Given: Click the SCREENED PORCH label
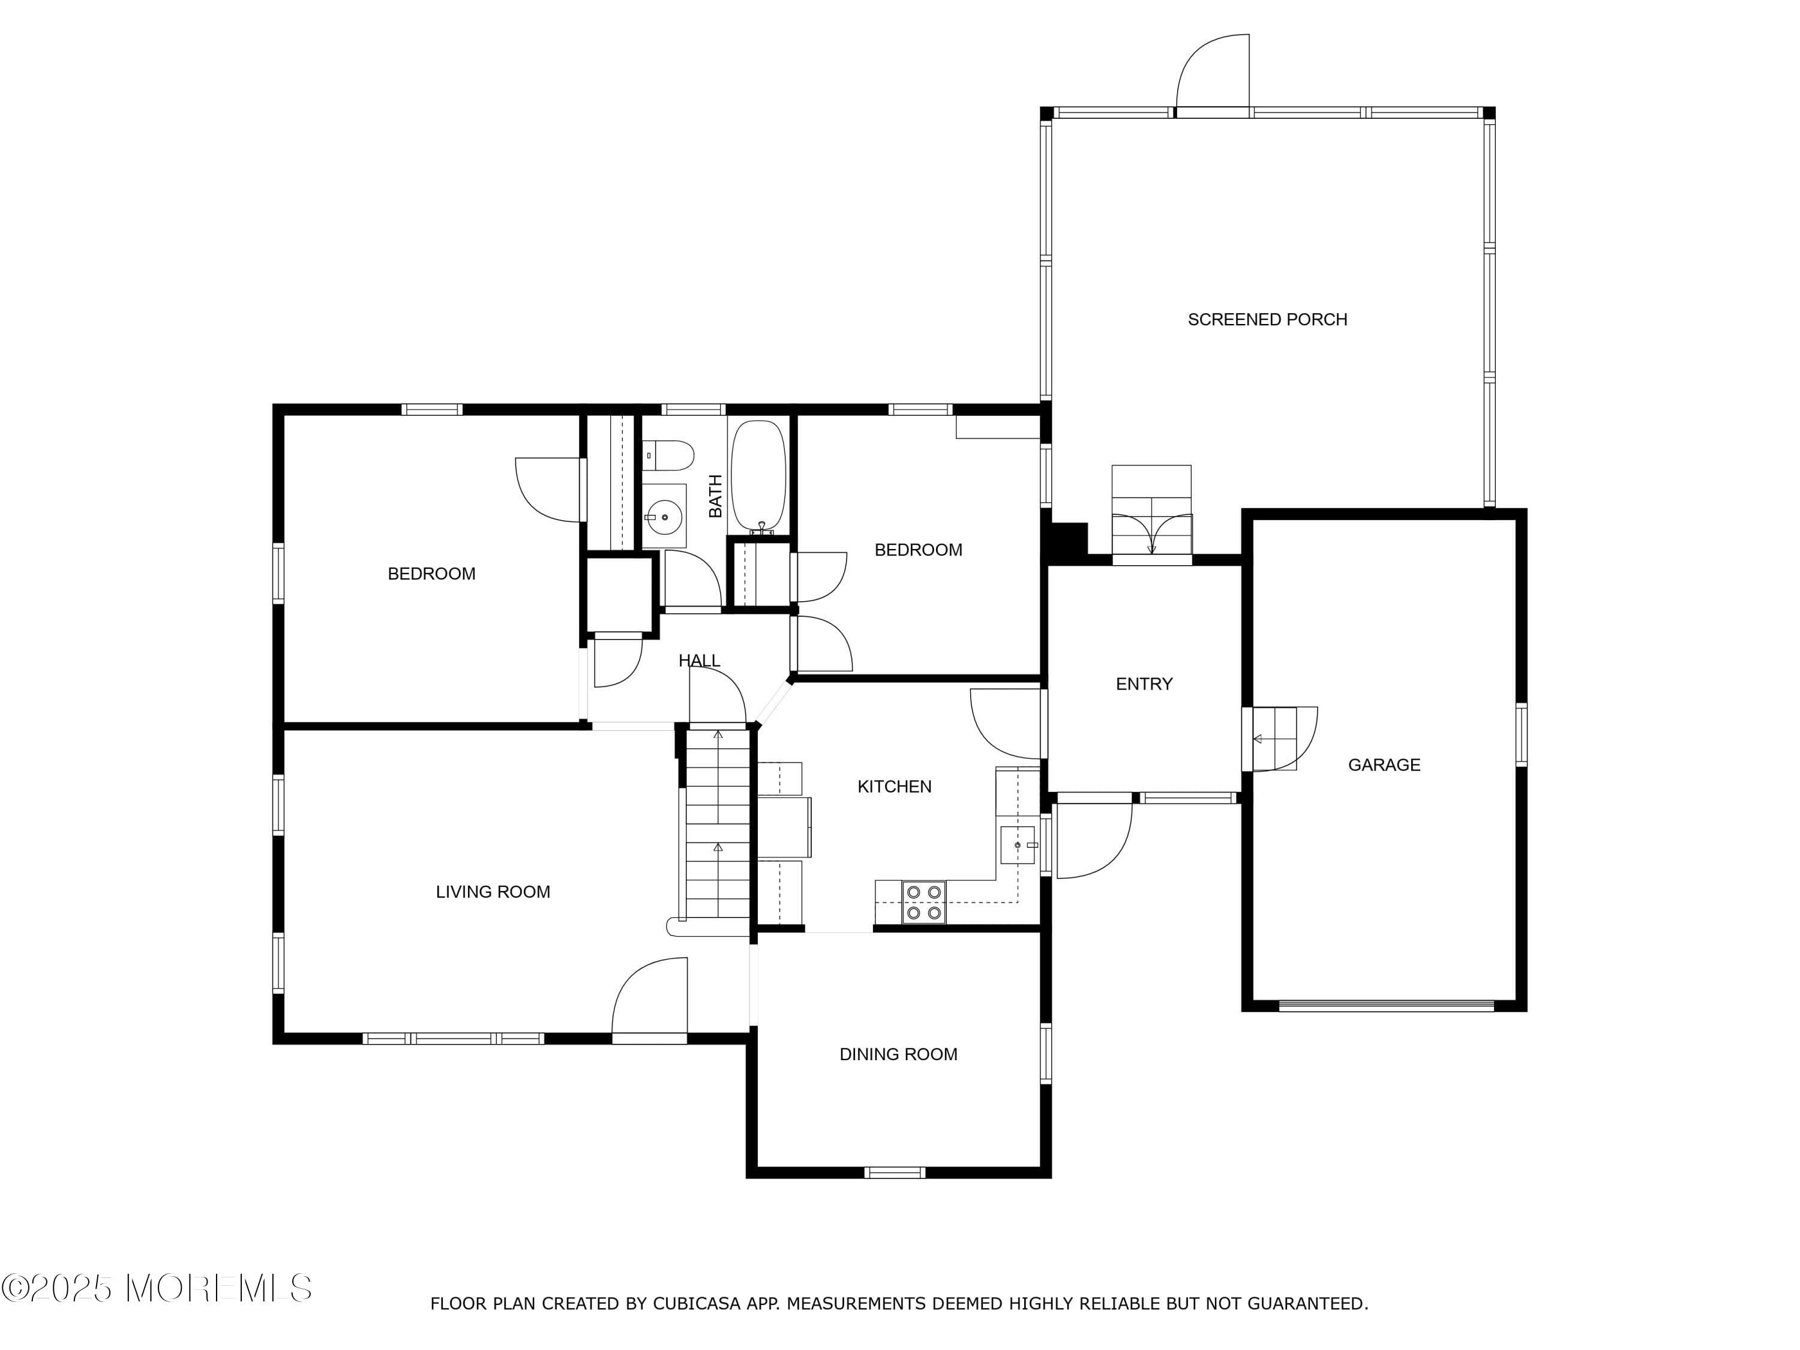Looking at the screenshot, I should click(x=1267, y=320).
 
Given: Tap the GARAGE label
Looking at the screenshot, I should click(x=1384, y=765).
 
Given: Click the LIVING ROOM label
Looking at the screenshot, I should click(x=493, y=892).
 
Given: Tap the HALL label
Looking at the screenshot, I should click(x=699, y=661).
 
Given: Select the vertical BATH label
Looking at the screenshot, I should click(x=715, y=496).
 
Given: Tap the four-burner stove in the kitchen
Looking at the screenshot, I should click(x=923, y=902).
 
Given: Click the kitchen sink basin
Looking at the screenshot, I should click(x=1017, y=845).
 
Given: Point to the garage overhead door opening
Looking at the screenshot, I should click(x=1386, y=1006).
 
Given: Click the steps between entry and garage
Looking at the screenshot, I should click(x=1274, y=739).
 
